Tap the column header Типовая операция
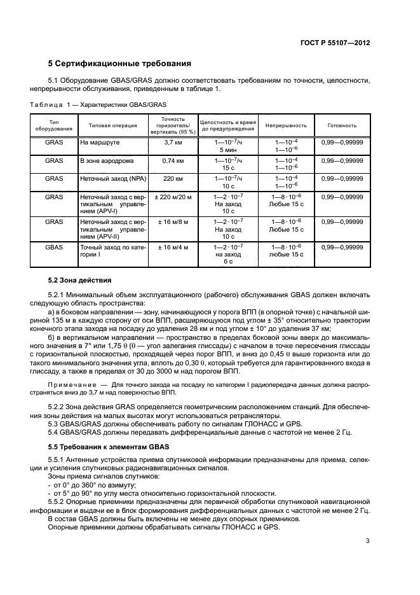[112, 125]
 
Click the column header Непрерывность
[281, 125]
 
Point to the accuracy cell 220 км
[173, 179]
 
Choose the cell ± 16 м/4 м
[173, 246]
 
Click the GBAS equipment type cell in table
[54, 246]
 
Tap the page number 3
[367, 541]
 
